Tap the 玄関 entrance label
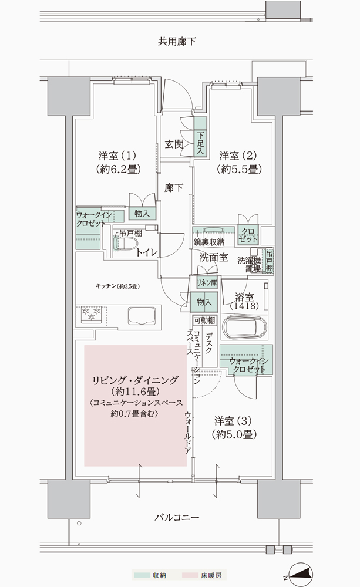coord(174,143)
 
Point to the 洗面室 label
coord(213,257)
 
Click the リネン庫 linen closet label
coord(206,283)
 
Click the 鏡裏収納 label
coord(208,242)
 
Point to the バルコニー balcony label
coord(177,518)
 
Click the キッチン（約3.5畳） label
coord(116,286)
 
